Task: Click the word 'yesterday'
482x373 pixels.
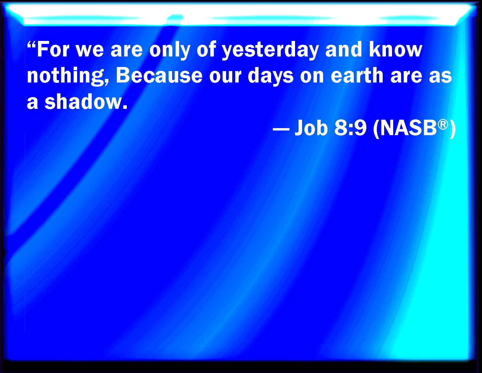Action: tap(270, 50)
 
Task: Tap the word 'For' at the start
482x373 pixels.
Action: tap(53, 49)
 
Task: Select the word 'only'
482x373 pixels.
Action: tap(170, 50)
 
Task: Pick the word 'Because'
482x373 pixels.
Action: tap(159, 75)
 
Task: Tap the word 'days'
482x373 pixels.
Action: tap(271, 76)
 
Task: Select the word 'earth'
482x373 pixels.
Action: tap(357, 75)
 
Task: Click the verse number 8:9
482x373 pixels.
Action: tap(350, 128)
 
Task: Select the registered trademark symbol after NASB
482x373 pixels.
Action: tap(443, 124)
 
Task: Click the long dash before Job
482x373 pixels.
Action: tap(281, 129)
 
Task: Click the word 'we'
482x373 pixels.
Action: tap(90, 51)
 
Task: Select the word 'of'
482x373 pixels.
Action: tap(206, 49)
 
